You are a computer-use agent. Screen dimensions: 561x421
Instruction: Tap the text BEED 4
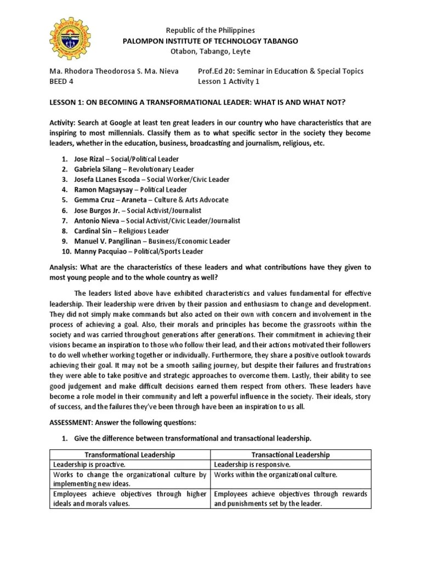coord(62,82)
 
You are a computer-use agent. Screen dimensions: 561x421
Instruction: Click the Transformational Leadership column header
coord(130,454)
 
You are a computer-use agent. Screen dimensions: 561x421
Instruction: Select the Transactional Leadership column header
coord(291,454)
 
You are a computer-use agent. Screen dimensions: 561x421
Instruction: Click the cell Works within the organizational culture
coord(275,474)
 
